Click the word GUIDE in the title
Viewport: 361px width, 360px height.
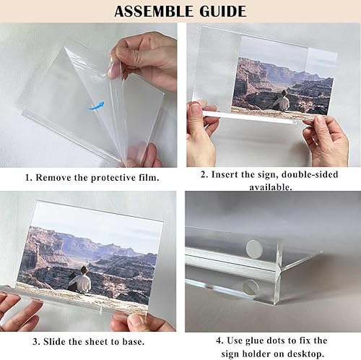point(220,12)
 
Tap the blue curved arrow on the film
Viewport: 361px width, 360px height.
point(94,106)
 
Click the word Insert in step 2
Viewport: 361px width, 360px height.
point(226,174)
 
